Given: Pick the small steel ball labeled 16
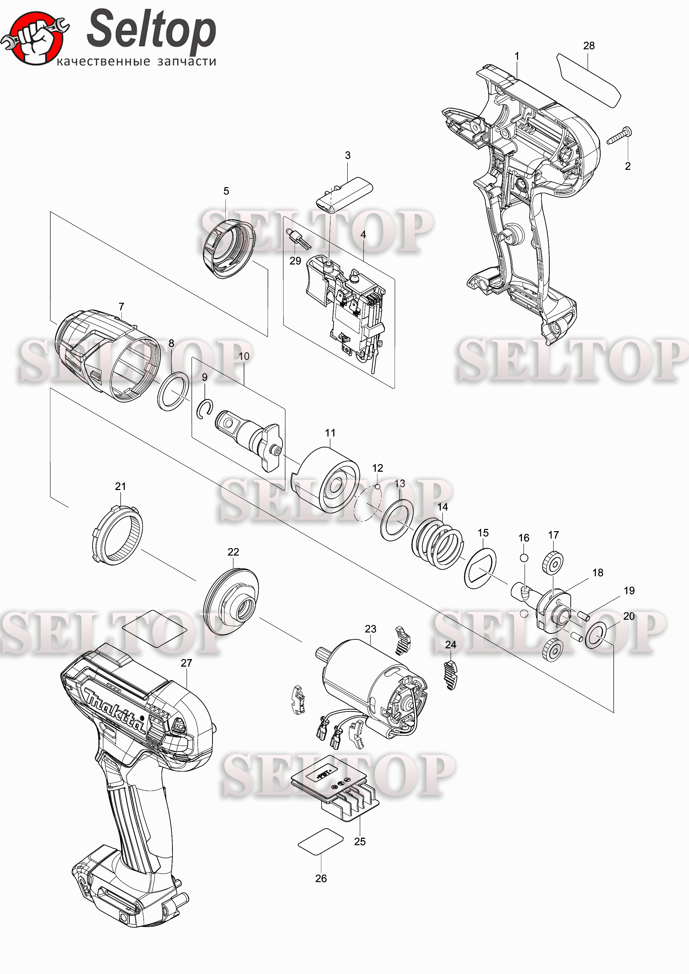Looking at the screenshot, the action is click(524, 558).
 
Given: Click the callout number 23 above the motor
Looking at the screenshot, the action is click(370, 629).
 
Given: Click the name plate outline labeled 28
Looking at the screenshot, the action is click(589, 81).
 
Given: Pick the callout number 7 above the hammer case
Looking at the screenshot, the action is click(121, 306).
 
